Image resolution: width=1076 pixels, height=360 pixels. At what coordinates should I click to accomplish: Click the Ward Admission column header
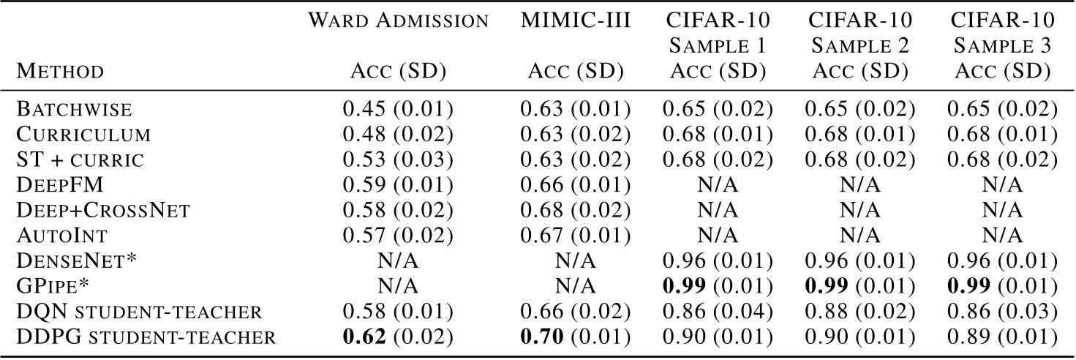[398, 21]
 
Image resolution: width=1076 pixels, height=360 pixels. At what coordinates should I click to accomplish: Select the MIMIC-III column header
[575, 21]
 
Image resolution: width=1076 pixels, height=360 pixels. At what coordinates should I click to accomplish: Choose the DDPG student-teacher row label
[146, 337]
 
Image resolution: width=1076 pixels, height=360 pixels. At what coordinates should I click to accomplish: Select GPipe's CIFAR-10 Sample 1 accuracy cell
[718, 286]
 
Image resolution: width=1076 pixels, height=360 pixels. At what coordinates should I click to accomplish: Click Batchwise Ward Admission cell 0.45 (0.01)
[398, 110]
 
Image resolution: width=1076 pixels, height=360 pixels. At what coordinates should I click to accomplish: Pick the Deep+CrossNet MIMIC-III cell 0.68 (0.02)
[575, 211]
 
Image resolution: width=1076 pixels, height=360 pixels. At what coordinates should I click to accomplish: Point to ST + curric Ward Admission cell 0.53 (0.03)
[398, 161]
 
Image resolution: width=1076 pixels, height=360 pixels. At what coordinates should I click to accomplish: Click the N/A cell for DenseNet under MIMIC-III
[575, 261]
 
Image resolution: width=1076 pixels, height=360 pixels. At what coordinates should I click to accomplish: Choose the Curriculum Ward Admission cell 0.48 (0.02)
[398, 135]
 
